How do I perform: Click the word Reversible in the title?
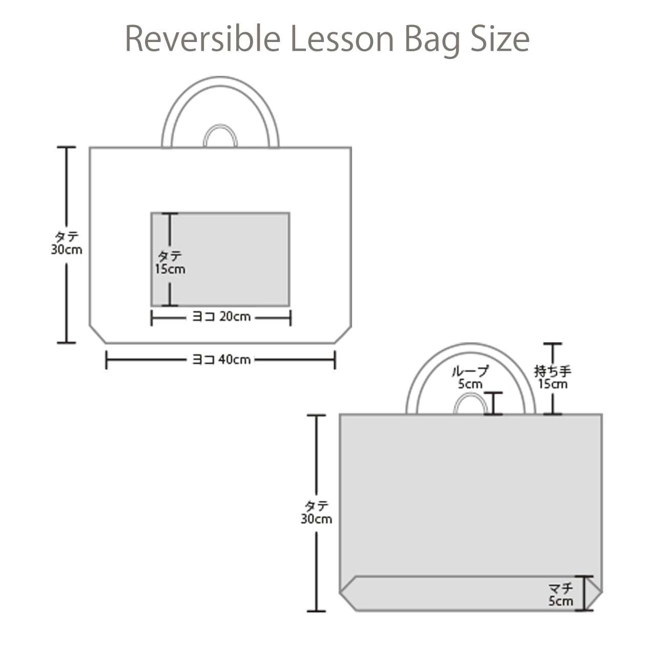(202, 39)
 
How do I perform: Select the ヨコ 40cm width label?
(221, 360)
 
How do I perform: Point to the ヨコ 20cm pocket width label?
(221, 317)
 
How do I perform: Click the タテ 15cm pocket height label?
(170, 262)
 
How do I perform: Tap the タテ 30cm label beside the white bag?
(67, 243)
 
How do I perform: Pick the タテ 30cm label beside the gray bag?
(316, 512)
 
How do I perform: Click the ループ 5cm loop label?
(469, 377)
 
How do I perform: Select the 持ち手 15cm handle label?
(552, 377)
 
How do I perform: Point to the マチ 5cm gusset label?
(561, 594)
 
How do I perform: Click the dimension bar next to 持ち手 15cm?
(552, 354)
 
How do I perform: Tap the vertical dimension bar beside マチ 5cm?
(584, 593)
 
